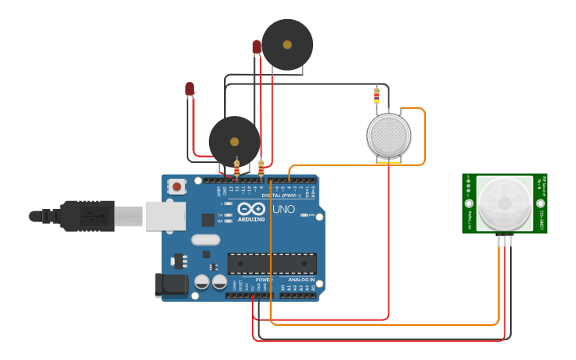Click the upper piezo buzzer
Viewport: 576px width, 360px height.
pos(288,45)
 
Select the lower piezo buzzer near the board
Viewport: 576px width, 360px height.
pos(234,141)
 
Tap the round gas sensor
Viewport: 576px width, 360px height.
pos(389,135)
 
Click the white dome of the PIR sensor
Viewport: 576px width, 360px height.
pos(505,203)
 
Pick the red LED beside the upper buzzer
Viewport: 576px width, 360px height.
pos(257,47)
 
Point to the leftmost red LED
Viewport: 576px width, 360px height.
pos(189,88)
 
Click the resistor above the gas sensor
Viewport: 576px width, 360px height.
pos(377,95)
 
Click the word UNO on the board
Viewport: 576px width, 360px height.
pos(284,210)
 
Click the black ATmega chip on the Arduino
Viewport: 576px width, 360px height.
pos(272,263)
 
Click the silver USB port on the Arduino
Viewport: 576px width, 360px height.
pos(165,215)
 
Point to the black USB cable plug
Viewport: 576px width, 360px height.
pos(87,215)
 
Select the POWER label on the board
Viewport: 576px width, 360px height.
pos(264,280)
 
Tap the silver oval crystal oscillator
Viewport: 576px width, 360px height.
pos(205,239)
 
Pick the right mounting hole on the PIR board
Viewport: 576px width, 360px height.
pos(542,180)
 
